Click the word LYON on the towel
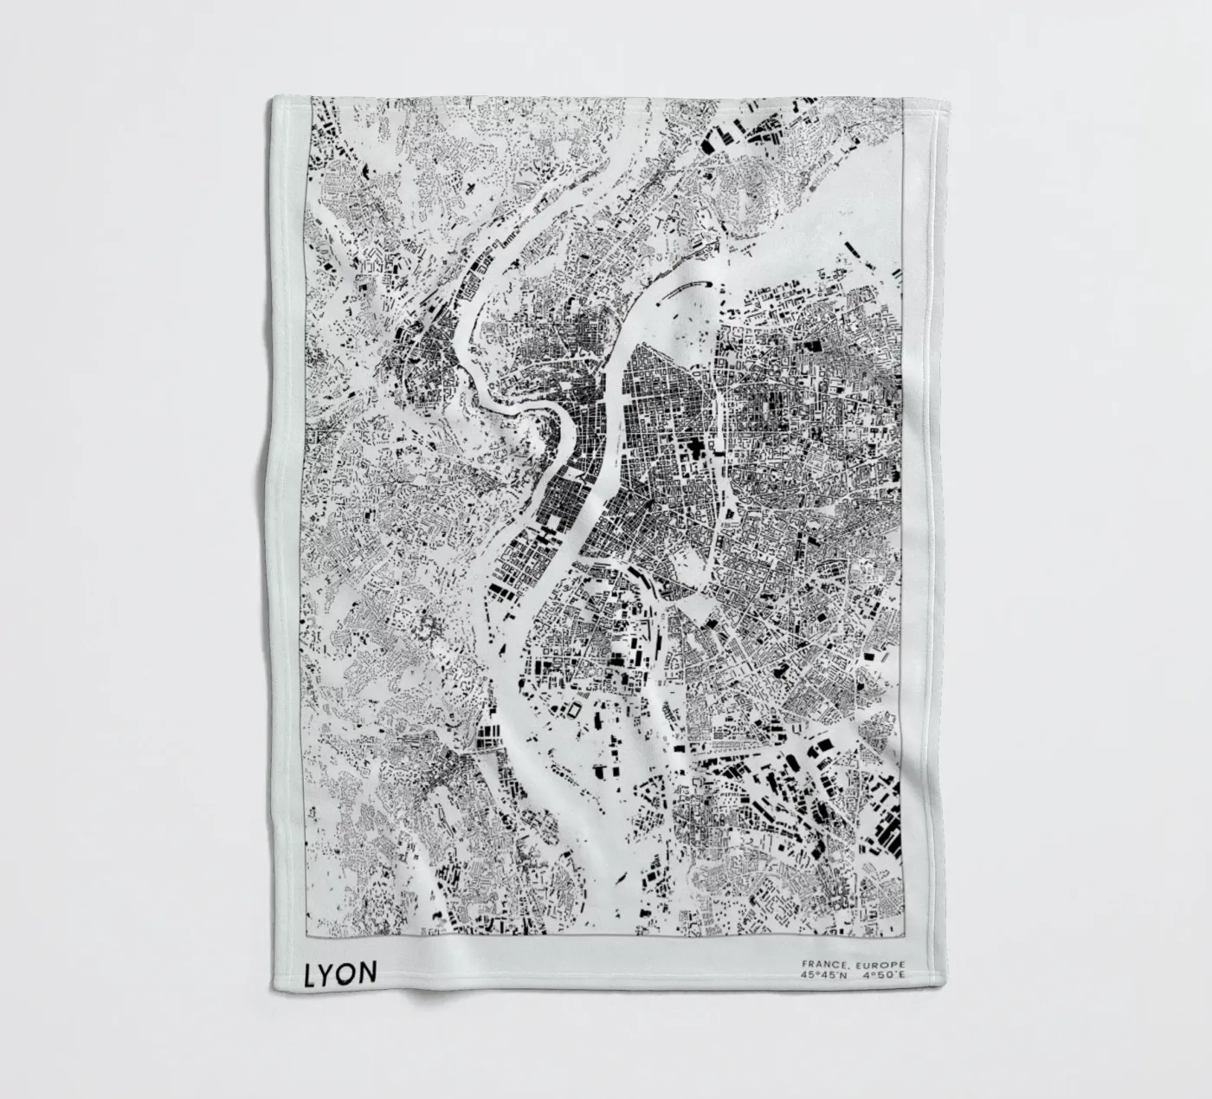tap(340, 973)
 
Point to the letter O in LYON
tap(347, 973)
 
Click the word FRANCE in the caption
tap(822, 964)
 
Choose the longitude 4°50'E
tap(882, 976)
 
